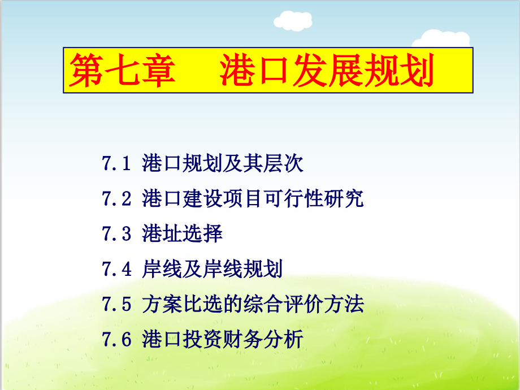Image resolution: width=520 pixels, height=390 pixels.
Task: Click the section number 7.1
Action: tap(116, 163)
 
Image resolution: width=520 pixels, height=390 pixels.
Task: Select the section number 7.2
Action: tap(116, 198)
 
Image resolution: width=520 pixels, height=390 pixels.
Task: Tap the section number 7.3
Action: tap(116, 233)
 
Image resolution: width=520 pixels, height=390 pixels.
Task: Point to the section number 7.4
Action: tap(116, 268)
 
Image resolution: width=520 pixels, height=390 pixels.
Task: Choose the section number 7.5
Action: tap(116, 304)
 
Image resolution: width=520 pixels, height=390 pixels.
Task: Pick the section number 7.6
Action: tap(116, 339)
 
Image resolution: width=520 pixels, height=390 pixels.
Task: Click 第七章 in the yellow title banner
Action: tap(122, 70)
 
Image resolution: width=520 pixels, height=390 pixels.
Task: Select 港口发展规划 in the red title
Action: tap(327, 70)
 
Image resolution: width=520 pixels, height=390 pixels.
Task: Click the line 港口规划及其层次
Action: tap(223, 163)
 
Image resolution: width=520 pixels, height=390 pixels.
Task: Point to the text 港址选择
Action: tap(182, 233)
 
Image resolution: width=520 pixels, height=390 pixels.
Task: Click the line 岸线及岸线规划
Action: tap(213, 268)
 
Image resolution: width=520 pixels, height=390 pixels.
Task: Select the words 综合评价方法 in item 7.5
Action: tap(304, 304)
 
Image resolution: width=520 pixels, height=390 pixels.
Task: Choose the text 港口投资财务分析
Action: tap(223, 339)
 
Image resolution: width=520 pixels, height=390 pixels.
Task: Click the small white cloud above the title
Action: tap(293, 21)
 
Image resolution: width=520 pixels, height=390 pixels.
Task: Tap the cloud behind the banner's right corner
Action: tap(441, 38)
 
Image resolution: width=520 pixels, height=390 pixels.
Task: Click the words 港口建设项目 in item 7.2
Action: tap(202, 198)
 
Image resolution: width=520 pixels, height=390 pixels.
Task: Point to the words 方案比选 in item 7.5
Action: tap(182, 304)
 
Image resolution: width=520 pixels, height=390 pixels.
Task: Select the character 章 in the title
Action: tap(158, 70)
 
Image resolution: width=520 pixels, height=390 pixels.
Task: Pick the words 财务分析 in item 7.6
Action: tap(263, 339)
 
